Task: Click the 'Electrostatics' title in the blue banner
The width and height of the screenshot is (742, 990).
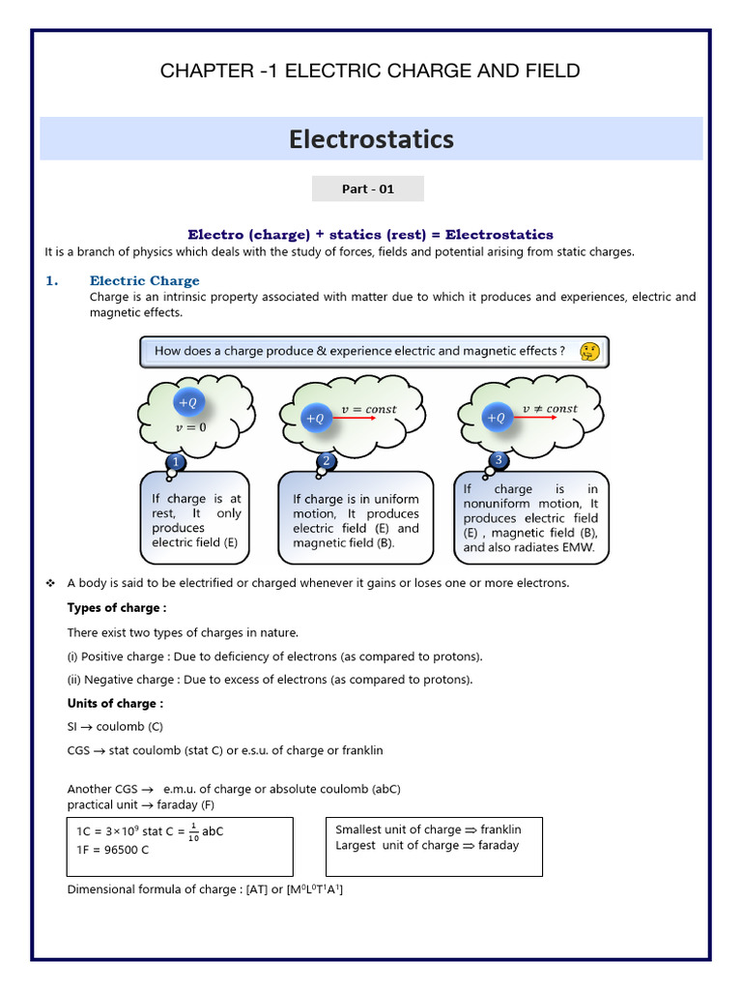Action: click(371, 139)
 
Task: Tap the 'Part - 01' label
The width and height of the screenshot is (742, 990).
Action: click(368, 189)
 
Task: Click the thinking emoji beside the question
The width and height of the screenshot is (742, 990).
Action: click(588, 351)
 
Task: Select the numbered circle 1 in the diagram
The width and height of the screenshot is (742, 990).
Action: click(175, 463)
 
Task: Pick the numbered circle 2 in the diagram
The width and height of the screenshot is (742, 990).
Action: click(327, 462)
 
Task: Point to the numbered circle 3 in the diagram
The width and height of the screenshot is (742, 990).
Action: click(499, 459)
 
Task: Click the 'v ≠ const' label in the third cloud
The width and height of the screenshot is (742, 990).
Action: click(550, 409)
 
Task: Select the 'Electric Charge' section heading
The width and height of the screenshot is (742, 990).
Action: click(144, 280)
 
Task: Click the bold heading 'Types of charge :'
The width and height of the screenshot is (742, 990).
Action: click(116, 608)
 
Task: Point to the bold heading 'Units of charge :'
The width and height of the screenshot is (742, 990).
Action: click(115, 703)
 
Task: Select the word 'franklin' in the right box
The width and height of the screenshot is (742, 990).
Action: click(500, 830)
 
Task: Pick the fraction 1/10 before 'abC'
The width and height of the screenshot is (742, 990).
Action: click(193, 831)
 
